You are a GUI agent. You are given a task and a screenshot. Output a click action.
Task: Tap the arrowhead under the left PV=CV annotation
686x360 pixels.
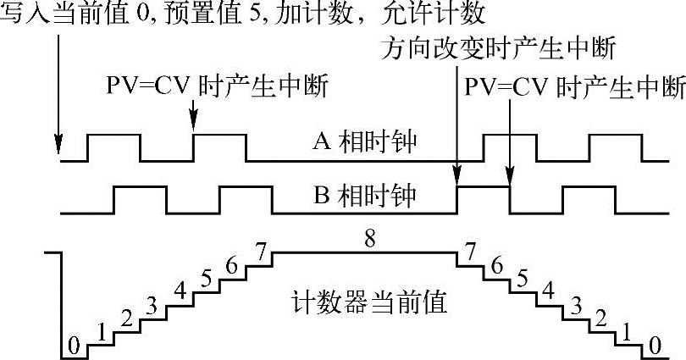pos(194,126)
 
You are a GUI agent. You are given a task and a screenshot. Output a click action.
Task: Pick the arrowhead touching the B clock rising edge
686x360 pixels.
pos(457,180)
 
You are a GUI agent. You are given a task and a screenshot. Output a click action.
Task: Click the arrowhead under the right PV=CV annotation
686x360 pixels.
pos(510,180)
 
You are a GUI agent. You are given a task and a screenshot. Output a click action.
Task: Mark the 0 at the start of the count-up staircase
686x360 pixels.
pos(73,346)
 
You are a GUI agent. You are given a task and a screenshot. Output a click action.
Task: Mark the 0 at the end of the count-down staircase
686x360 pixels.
pos(652,346)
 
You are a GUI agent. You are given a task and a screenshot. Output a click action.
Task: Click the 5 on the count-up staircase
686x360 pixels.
pos(205,277)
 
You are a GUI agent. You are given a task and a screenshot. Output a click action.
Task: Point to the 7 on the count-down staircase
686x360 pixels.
pos(470,251)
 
